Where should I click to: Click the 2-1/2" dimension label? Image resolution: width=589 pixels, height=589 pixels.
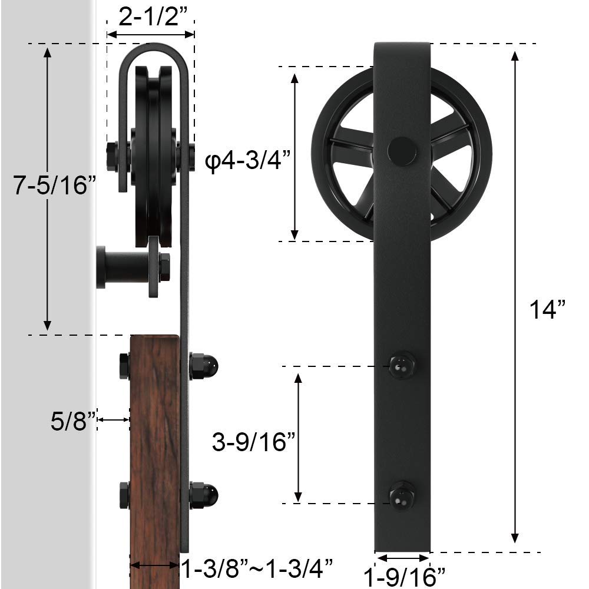[x=150, y=18]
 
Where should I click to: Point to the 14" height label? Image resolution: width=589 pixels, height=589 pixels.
[x=547, y=309]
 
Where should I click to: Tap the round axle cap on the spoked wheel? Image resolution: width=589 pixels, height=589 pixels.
[x=401, y=151]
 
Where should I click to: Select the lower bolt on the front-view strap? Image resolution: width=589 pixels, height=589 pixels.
[x=402, y=495]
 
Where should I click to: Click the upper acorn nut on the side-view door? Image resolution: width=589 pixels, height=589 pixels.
[x=204, y=366]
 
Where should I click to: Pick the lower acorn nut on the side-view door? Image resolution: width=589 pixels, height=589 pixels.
[x=204, y=495]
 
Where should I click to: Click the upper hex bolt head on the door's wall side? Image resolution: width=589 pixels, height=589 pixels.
[x=124, y=366]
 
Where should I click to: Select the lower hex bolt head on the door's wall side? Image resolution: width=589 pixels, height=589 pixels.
[x=124, y=495]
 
